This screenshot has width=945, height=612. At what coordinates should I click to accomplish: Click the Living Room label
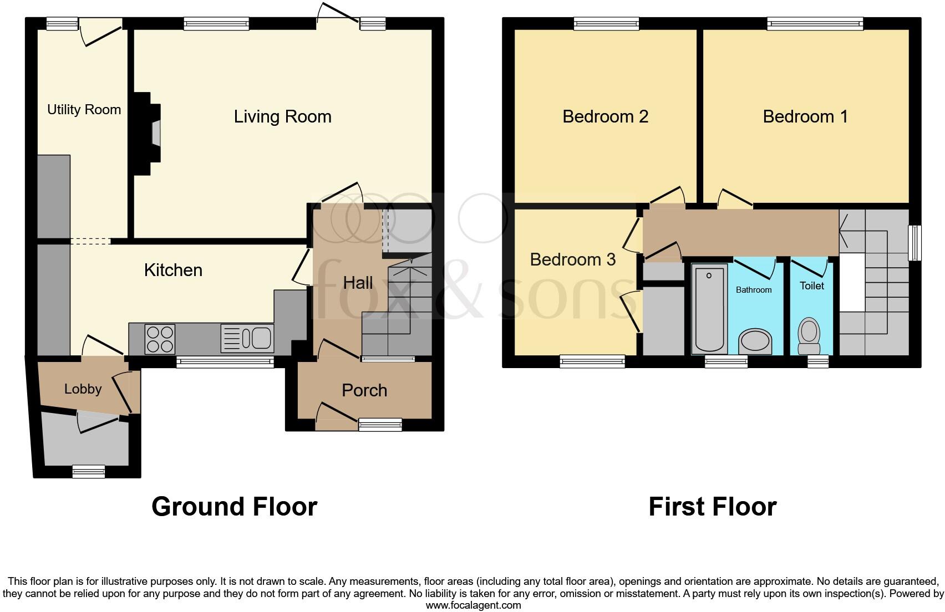(x=282, y=116)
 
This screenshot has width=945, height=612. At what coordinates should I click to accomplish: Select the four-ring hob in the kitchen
(x=160, y=338)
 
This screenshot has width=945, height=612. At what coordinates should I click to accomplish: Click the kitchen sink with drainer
(x=247, y=338)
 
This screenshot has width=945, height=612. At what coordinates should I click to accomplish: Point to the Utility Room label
(x=84, y=110)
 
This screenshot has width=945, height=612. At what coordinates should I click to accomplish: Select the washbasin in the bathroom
(x=755, y=341)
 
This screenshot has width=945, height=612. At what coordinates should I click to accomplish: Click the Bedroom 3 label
(x=572, y=259)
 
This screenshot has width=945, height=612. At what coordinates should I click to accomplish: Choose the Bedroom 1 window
(x=815, y=23)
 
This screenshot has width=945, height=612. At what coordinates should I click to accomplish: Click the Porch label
(x=364, y=390)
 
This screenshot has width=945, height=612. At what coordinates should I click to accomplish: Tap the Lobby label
(x=83, y=389)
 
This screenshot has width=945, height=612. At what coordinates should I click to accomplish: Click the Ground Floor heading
(x=234, y=507)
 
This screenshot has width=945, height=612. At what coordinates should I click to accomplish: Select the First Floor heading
(x=712, y=507)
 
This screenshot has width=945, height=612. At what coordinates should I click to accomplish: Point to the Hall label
(x=358, y=283)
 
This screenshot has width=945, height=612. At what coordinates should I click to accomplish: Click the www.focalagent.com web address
(x=473, y=605)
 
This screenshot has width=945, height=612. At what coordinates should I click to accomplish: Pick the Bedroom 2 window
(x=606, y=23)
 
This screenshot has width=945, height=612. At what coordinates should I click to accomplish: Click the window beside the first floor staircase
(x=914, y=243)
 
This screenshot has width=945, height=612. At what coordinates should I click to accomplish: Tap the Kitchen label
(x=173, y=270)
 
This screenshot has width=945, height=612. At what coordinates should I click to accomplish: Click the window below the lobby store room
(x=89, y=472)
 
